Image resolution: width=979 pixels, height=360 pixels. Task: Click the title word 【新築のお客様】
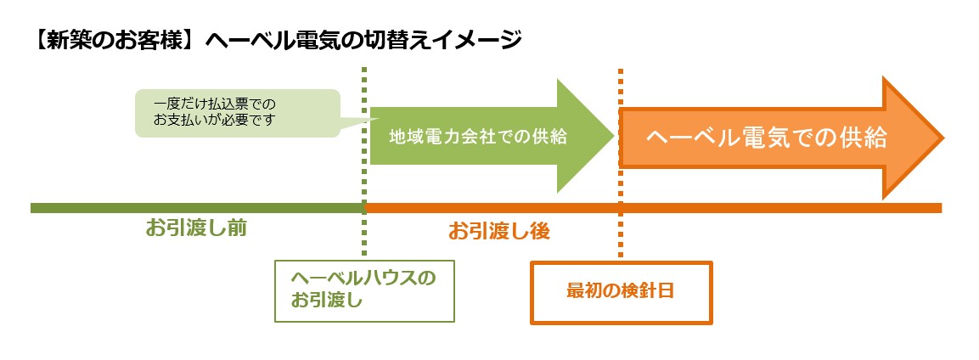[x=115, y=41]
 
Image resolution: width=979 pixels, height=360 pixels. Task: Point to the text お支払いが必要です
[x=213, y=119]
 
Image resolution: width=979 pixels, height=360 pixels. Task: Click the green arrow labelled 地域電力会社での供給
[x=492, y=136]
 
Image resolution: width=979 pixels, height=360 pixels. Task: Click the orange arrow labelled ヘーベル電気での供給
[x=780, y=138]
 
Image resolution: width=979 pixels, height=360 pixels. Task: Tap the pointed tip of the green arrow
[x=613, y=136]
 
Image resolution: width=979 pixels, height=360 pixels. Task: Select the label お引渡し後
[x=499, y=232]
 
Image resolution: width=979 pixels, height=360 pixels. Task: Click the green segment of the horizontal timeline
[x=197, y=208]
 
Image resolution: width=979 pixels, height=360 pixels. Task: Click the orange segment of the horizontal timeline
[x=653, y=208]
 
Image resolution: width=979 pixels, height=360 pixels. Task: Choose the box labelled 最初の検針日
[x=622, y=293]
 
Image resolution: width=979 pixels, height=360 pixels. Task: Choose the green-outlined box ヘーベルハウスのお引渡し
[x=364, y=291]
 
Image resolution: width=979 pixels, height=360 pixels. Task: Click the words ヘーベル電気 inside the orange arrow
[x=711, y=138]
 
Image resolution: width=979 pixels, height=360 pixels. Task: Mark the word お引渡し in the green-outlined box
[x=327, y=301]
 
